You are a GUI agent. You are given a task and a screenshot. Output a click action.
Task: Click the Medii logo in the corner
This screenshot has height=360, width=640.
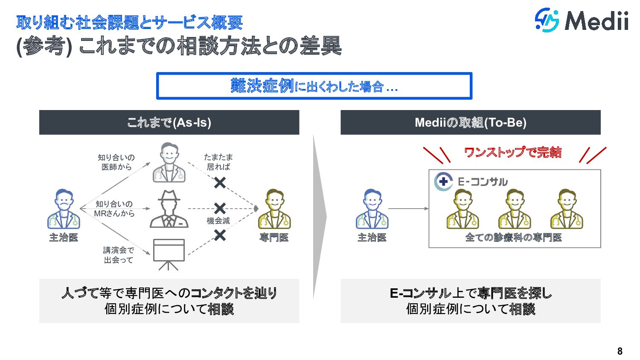[x=582, y=20]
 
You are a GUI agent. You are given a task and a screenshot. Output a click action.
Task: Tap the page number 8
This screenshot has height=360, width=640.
[x=620, y=351]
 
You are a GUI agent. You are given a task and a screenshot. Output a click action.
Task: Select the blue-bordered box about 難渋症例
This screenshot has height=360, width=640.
[x=314, y=86]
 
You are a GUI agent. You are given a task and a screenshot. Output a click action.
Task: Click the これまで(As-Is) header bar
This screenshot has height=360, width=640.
[x=169, y=122]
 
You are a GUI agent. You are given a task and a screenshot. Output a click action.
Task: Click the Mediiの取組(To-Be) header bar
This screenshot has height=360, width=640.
[x=470, y=122]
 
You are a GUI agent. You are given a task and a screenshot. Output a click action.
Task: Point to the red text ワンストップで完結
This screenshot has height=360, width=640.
[x=512, y=152]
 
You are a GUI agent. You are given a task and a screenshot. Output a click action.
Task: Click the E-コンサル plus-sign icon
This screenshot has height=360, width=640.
[x=443, y=181]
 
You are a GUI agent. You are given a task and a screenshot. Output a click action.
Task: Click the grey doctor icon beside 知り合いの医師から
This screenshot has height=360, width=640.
[x=169, y=163]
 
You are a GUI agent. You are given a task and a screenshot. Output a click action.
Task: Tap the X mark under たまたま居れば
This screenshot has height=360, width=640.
[x=220, y=183]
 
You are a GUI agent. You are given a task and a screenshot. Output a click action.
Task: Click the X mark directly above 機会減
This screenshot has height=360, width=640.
[x=220, y=209]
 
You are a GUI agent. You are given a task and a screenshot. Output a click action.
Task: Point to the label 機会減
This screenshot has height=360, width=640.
[x=218, y=221]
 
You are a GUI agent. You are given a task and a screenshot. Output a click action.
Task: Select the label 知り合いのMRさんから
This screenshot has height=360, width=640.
[x=114, y=209]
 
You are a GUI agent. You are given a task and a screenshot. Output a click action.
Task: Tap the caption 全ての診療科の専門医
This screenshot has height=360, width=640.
[x=513, y=238]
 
